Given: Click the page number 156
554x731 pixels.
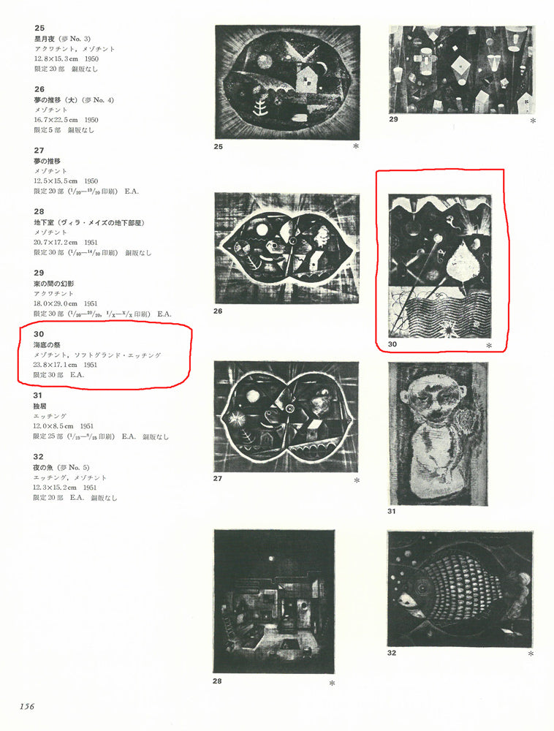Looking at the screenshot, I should coord(27,705).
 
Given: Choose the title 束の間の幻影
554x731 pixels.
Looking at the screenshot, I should coord(57,283).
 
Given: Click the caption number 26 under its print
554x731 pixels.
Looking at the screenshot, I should coord(218,311).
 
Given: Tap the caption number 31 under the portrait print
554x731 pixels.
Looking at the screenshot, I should coord(392,511).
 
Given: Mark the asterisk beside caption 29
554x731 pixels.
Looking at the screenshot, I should coord(534,121).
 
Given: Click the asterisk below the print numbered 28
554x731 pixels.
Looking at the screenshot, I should coord(332,683).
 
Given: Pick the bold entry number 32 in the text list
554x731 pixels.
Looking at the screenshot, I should coord(39,455).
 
